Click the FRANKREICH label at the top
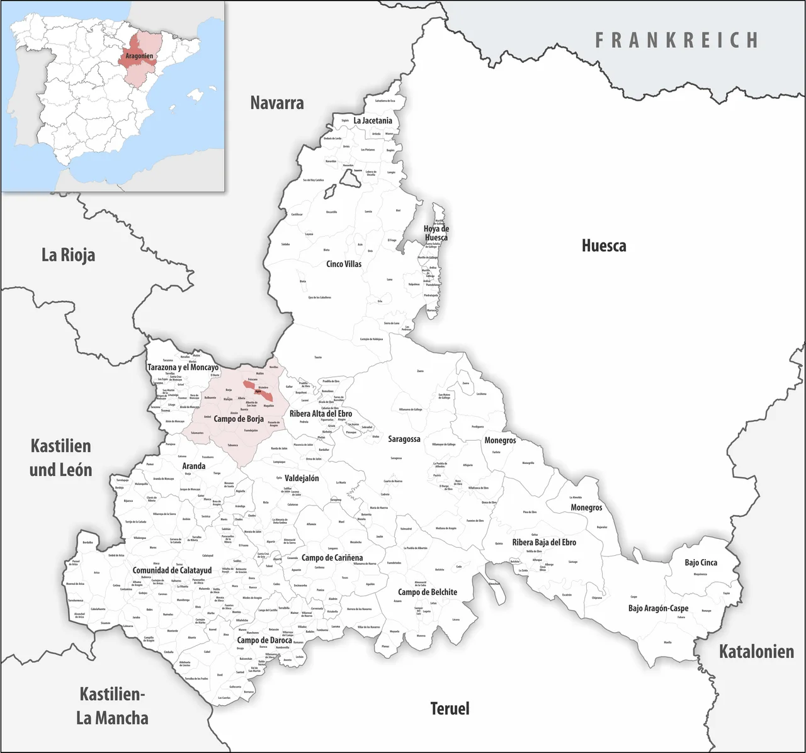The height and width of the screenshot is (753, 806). [x=677, y=40]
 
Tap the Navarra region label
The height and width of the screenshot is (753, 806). [x=277, y=103]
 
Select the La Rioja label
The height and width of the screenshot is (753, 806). [x=68, y=255]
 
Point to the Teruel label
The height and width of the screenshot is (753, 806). [x=450, y=708]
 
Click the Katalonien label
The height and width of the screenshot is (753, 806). [x=756, y=651]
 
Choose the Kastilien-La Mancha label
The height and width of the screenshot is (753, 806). [x=113, y=706]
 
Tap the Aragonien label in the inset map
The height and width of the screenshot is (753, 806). [x=139, y=56]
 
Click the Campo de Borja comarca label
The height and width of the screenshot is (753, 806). [x=239, y=419]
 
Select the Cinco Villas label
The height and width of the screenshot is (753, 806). [x=344, y=264]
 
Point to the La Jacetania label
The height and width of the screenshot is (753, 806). [x=373, y=120]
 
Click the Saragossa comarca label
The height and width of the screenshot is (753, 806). [x=404, y=439]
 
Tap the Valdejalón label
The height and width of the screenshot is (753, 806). [x=302, y=478]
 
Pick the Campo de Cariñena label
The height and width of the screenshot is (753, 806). [x=332, y=558]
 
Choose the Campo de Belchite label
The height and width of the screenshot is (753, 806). [x=428, y=592]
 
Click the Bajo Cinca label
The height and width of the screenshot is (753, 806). [x=701, y=562]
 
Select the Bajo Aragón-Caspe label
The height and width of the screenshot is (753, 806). [x=658, y=608]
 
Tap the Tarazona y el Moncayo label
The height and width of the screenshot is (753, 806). [x=183, y=367]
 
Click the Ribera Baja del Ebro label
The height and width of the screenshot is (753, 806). [x=544, y=542]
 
